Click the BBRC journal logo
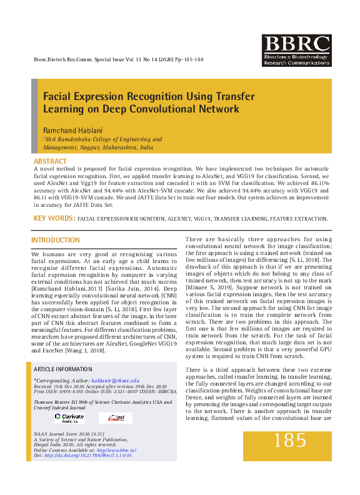(296, 51)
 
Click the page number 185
(290, 440)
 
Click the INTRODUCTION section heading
(56, 241)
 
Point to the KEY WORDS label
(54, 219)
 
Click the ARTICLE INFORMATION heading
(64, 370)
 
